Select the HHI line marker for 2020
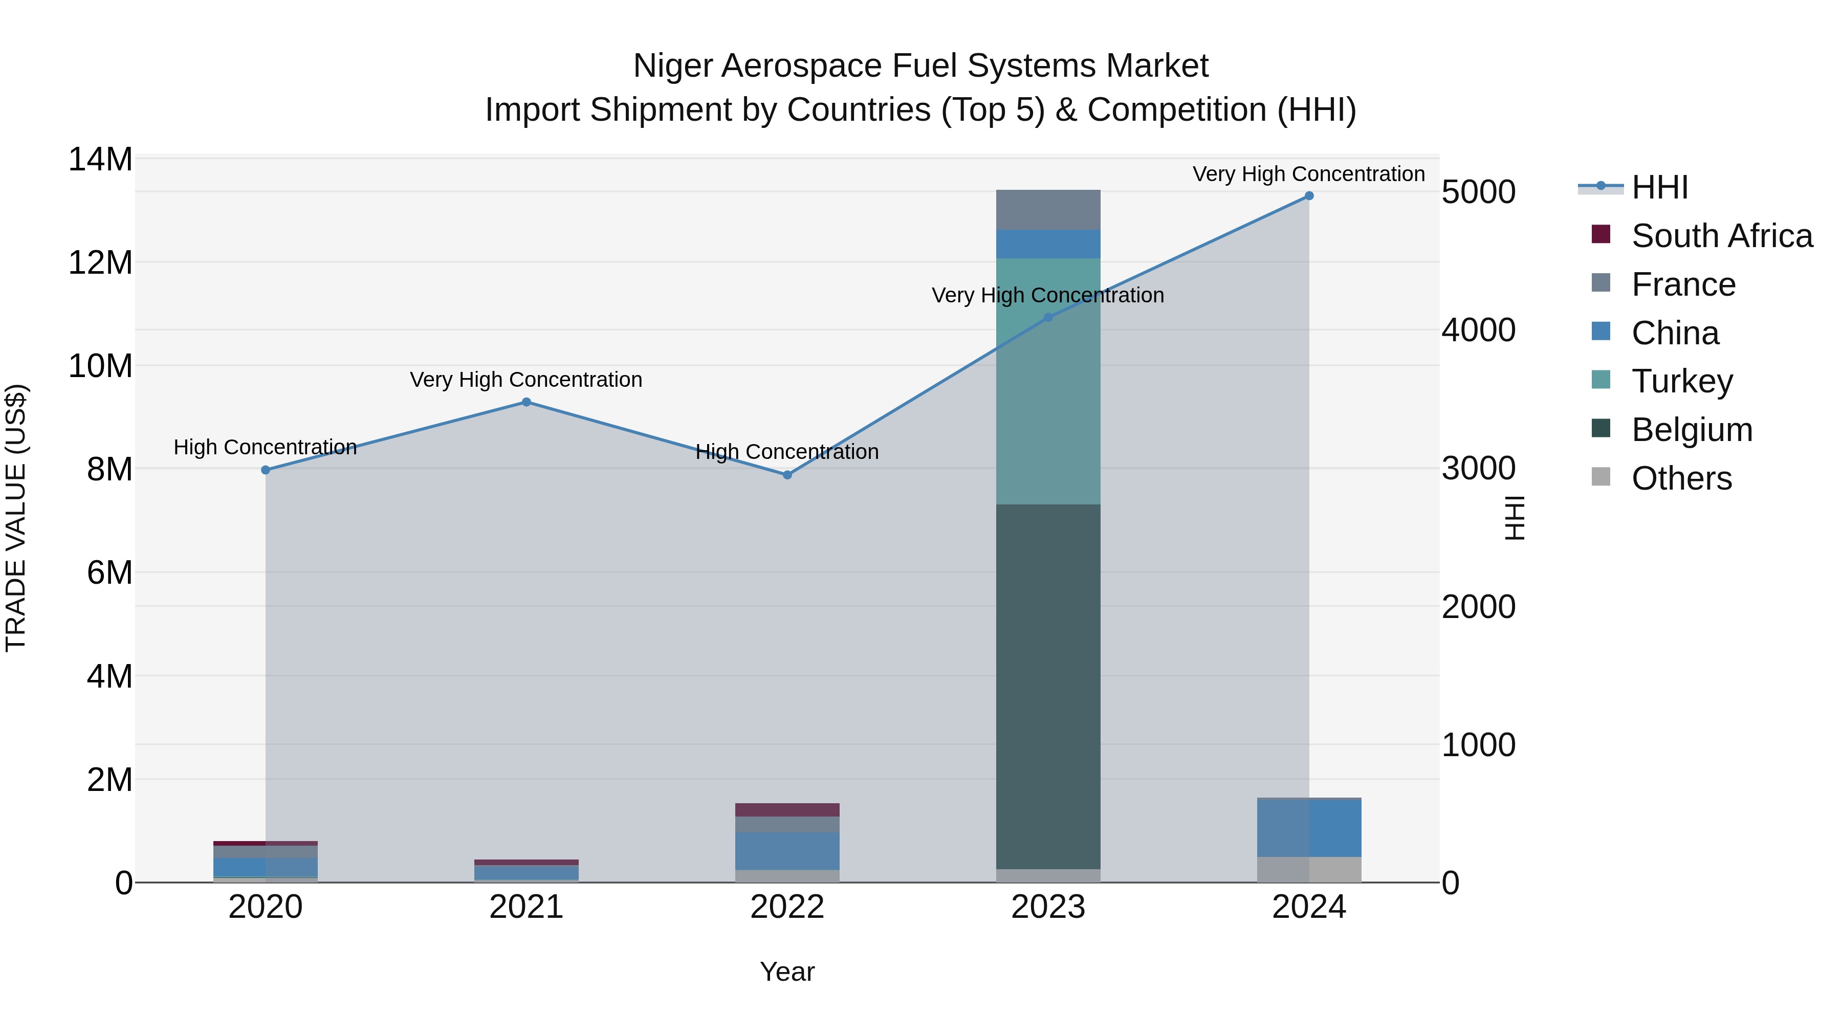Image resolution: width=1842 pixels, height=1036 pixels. coord(265,470)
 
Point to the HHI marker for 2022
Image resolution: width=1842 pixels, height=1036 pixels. coord(787,475)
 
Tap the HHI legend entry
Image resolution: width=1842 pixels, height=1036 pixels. coord(1659,187)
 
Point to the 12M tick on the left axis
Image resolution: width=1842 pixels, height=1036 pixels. coord(100,262)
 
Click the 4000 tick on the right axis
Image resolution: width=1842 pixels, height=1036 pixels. coord(1478,330)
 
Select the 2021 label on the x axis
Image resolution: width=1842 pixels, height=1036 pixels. coord(527,907)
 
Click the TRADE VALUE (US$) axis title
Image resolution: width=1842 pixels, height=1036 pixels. coord(16,518)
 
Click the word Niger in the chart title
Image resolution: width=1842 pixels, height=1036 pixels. coord(672,66)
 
